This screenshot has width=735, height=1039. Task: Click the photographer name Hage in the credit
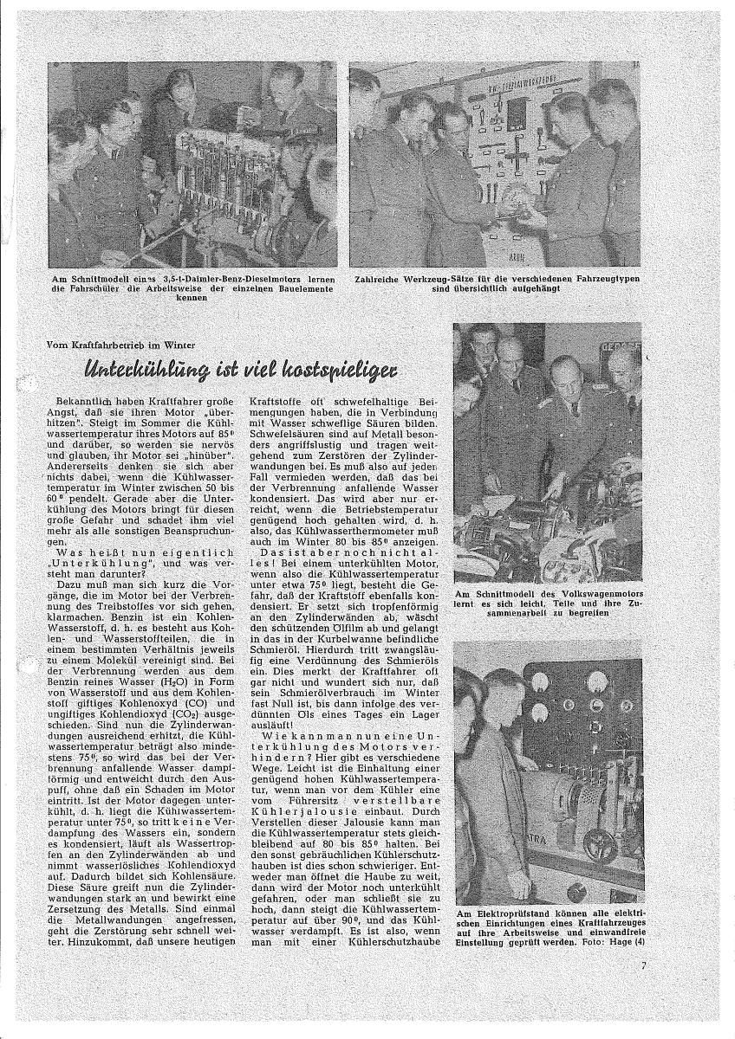click(x=614, y=943)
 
